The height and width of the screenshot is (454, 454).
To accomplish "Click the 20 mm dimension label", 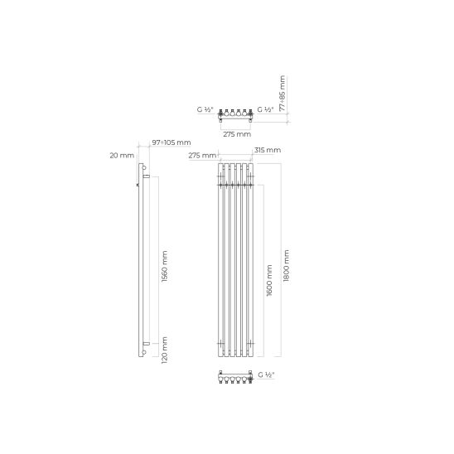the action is [122, 156].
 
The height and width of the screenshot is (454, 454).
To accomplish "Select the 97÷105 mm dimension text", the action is [171, 142].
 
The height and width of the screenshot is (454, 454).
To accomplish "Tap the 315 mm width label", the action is [268, 150].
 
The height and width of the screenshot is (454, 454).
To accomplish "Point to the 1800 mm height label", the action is [286, 266].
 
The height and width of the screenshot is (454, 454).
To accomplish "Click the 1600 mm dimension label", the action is [269, 280].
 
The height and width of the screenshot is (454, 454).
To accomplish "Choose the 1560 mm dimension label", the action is [165, 267].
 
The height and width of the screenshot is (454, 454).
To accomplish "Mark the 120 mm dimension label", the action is [165, 350].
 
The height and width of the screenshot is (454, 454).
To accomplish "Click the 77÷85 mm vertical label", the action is [283, 94].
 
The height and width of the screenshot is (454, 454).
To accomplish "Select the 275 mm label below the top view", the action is [237, 134].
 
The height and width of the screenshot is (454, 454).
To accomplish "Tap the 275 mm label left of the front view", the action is [202, 156].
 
